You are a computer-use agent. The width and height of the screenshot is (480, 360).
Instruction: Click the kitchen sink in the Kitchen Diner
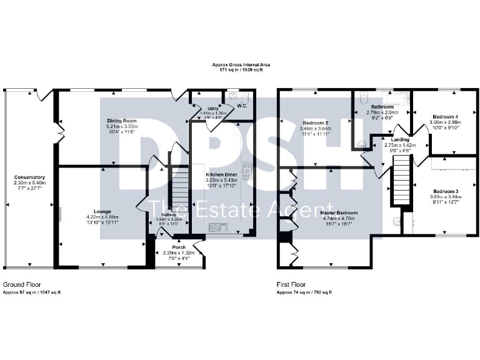(x=222, y=226)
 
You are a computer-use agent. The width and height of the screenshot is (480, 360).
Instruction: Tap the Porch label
(x=179, y=247)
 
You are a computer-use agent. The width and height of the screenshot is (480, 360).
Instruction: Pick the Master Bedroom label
(x=340, y=213)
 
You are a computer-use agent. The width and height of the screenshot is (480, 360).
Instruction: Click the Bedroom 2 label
(x=316, y=122)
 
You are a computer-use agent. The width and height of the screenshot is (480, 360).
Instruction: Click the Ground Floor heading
(x=22, y=284)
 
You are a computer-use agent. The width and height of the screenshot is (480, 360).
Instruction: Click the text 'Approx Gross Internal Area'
(x=240, y=65)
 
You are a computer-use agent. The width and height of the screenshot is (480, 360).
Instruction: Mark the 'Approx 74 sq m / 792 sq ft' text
(x=304, y=292)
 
